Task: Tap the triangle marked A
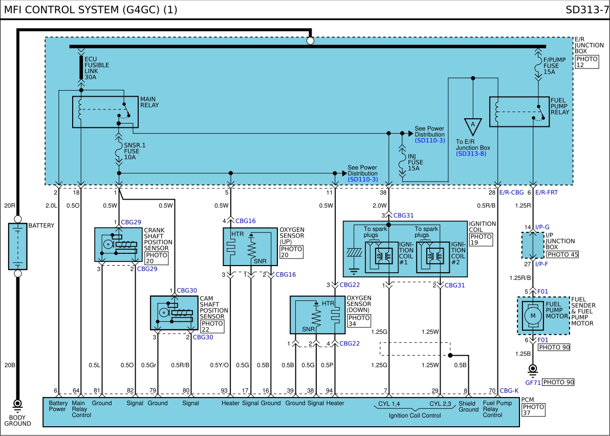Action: [x=473, y=126]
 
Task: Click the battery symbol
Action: [x=18, y=246]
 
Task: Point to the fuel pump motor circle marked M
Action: [x=533, y=316]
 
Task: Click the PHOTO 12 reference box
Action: [x=586, y=62]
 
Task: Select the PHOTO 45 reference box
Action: [x=562, y=254]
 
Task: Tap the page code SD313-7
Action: [x=587, y=10]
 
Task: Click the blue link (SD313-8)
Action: [x=471, y=154]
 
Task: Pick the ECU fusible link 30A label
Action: [x=97, y=68]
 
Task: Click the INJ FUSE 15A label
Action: [x=415, y=162]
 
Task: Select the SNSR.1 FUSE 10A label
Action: [x=135, y=151]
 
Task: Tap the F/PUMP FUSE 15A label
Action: [x=554, y=66]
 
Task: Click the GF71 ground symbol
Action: [x=533, y=369]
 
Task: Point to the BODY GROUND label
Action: [x=17, y=421]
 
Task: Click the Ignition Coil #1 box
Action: [x=382, y=257]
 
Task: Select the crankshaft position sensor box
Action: [x=118, y=245]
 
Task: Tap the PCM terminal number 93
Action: [x=224, y=390]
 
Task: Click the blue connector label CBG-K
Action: [x=509, y=390]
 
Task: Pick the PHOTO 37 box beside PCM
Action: [x=533, y=409]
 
